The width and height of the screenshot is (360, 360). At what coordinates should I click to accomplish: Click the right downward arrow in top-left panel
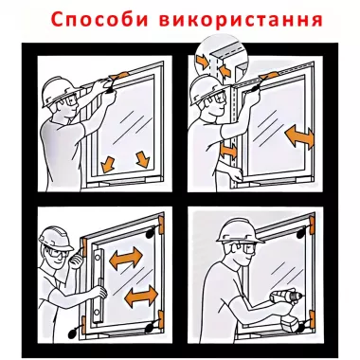point(143,156)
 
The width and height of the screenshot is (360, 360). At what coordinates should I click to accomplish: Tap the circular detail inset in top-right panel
point(215,58)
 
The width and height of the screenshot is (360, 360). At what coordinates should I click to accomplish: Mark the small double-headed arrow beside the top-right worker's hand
point(227,151)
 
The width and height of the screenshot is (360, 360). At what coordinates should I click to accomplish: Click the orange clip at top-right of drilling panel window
point(310,228)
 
